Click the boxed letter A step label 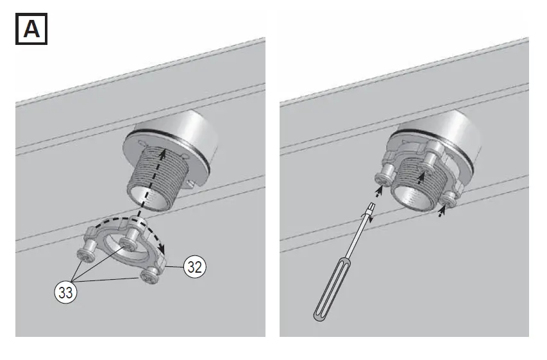pyautogui.click(x=31, y=31)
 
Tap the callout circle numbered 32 pyautogui.click(x=195, y=267)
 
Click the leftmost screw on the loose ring pyautogui.click(x=85, y=255)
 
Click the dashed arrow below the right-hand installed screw pyautogui.click(x=440, y=212)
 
